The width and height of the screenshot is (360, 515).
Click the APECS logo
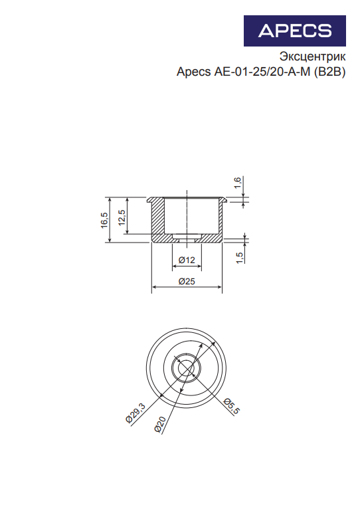(294, 31)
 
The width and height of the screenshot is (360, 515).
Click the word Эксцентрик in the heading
(312, 56)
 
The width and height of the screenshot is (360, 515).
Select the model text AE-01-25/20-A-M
(262, 71)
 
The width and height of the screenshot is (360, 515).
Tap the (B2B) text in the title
(329, 72)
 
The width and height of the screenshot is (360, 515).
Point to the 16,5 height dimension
(104, 220)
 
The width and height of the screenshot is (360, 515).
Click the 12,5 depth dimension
(122, 217)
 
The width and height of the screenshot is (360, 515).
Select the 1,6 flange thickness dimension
(238, 183)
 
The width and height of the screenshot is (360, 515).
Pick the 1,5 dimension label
(240, 258)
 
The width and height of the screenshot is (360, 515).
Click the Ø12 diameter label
(187, 260)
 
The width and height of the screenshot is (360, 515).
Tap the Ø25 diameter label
(187, 281)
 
